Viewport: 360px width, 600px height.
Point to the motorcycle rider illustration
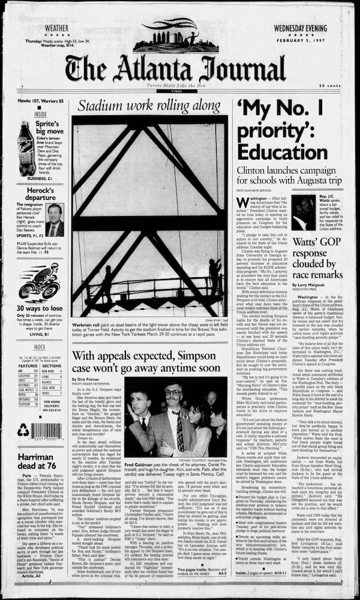click(40, 283)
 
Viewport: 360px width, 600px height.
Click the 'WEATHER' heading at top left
click(56, 28)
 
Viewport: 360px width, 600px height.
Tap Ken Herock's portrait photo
click(55, 220)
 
